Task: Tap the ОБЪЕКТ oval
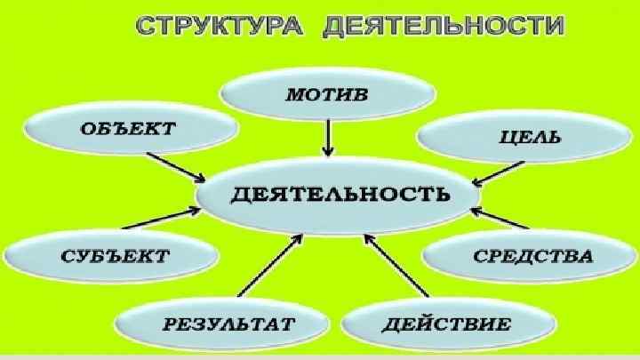point(127,129)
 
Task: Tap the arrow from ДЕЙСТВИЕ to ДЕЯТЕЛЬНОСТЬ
point(396,267)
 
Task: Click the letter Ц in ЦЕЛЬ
point(504,139)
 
